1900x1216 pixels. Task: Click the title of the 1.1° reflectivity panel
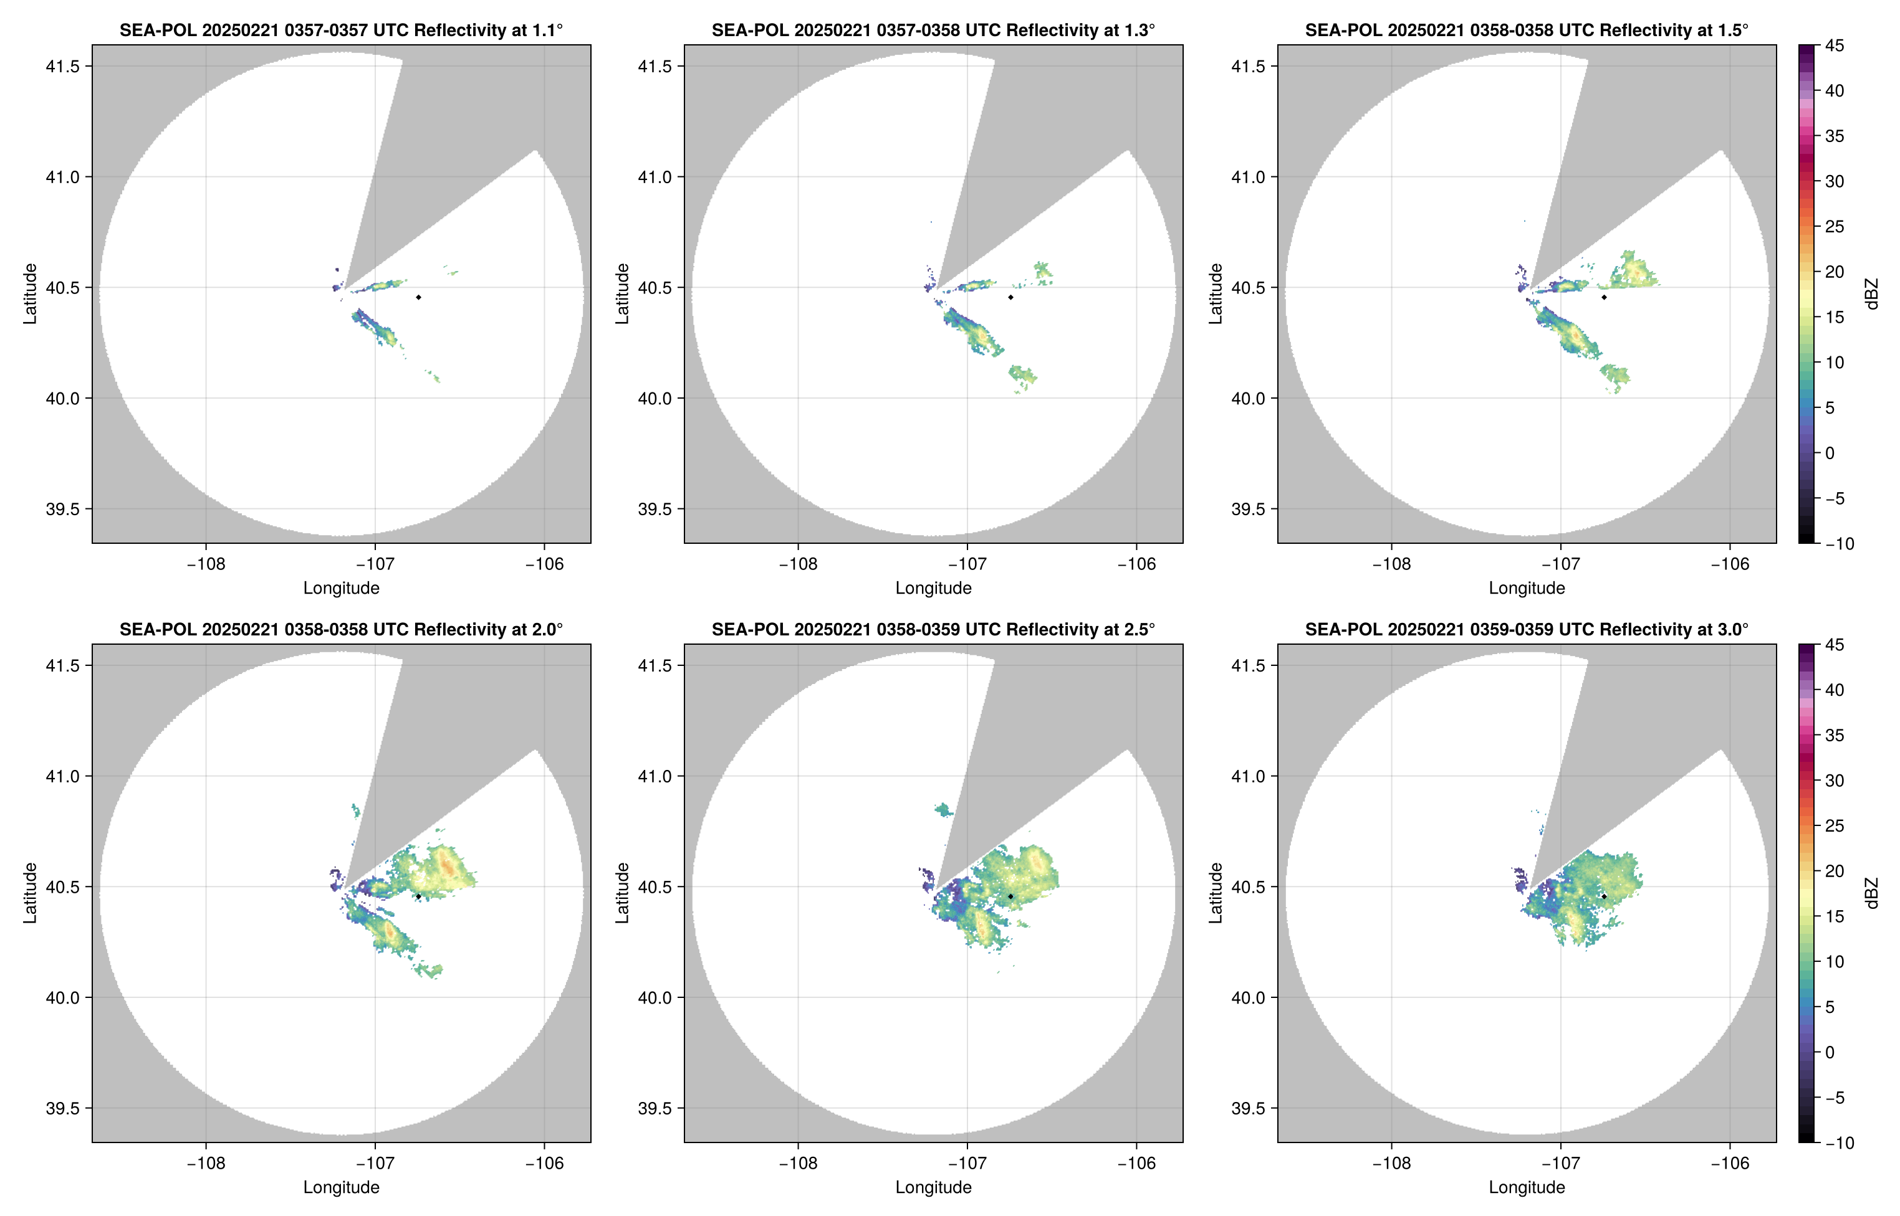pyautogui.click(x=341, y=30)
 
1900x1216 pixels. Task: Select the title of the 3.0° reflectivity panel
pyautogui.click(x=1527, y=629)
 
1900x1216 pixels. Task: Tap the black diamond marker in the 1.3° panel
pyautogui.click(x=1010, y=297)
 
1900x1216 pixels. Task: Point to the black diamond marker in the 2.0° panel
pyautogui.click(x=418, y=896)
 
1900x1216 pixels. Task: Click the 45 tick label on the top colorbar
pyautogui.click(x=1835, y=46)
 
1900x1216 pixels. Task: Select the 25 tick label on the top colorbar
pyautogui.click(x=1835, y=227)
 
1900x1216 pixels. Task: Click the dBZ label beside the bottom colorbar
pyautogui.click(x=1871, y=893)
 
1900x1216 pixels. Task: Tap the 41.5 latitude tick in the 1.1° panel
pyautogui.click(x=63, y=66)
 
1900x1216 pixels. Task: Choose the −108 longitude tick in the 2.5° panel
pyautogui.click(x=798, y=1163)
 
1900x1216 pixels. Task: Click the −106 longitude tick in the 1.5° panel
pyautogui.click(x=1730, y=564)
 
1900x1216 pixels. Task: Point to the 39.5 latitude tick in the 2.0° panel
pyautogui.click(x=63, y=1108)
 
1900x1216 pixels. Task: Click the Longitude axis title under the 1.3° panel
pyautogui.click(x=933, y=587)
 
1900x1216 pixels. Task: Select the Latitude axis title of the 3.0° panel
pyautogui.click(x=1215, y=893)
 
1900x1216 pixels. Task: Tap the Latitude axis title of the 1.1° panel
pyautogui.click(x=30, y=294)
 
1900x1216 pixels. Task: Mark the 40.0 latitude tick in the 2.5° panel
pyautogui.click(x=656, y=997)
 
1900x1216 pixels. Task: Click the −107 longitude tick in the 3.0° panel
pyautogui.click(x=1560, y=1163)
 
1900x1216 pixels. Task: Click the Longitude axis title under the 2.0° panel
pyautogui.click(x=341, y=1187)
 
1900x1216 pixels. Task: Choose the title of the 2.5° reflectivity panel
pyautogui.click(x=933, y=629)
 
